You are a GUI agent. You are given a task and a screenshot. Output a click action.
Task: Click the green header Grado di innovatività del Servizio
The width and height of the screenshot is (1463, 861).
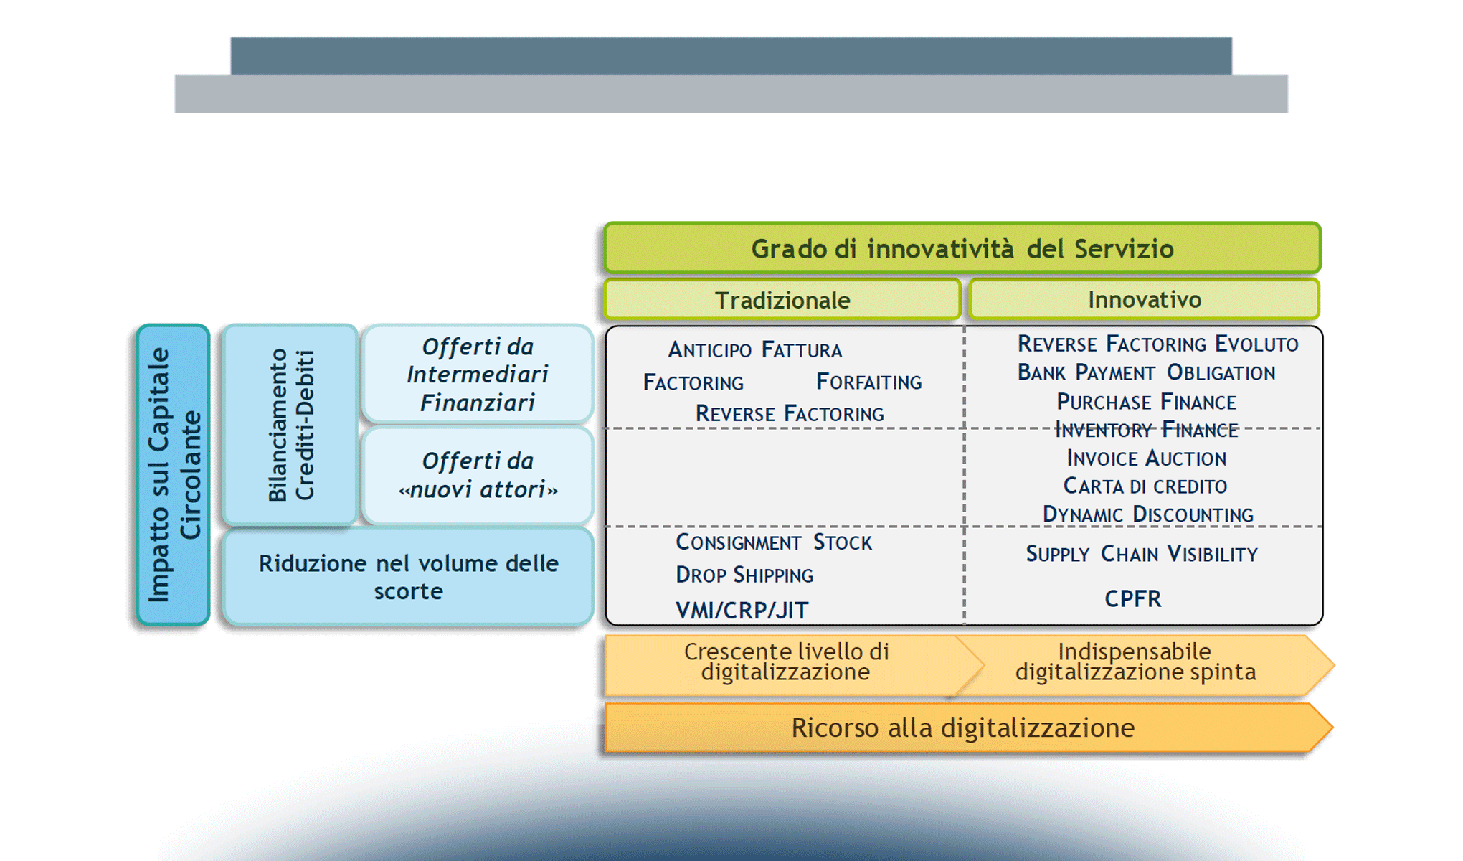point(962,248)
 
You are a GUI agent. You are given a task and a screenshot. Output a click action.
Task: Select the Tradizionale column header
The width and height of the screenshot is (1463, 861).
point(782,300)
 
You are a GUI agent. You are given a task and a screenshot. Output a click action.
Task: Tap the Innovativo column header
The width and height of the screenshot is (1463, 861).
point(1144,299)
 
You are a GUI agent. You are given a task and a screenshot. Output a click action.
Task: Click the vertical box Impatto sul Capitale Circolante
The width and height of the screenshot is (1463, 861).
point(173,474)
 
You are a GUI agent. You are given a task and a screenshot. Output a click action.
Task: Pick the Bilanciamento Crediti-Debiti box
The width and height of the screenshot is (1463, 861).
point(290,425)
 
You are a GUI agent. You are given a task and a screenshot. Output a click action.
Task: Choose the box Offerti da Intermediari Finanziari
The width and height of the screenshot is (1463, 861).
point(478,374)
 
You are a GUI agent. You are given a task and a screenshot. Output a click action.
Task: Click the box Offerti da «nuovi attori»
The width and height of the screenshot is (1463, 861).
point(478,475)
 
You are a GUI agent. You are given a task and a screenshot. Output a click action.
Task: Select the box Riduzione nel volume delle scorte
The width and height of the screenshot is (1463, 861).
point(408,577)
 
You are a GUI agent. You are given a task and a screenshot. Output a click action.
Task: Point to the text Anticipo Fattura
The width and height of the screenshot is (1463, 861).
point(754,350)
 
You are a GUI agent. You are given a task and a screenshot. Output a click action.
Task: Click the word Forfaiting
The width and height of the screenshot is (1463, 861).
point(868,382)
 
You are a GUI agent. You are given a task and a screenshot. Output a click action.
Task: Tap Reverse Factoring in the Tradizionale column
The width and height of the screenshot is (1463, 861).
point(790,414)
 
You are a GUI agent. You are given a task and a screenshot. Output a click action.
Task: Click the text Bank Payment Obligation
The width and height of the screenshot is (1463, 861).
point(1146,372)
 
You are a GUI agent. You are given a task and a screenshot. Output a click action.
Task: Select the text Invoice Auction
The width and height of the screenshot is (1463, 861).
point(1146,458)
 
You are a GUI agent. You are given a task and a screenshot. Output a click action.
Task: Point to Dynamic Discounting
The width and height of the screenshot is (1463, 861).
point(1147,514)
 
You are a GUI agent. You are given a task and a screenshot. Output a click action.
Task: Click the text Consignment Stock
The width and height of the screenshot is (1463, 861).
point(773,542)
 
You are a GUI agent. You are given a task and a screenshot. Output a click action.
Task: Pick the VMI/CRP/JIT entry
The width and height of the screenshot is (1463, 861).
point(742,610)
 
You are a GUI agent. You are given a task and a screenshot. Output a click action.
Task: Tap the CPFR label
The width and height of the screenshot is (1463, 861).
point(1132,598)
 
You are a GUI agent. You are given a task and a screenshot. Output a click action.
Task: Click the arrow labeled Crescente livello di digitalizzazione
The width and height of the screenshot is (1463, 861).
point(786,662)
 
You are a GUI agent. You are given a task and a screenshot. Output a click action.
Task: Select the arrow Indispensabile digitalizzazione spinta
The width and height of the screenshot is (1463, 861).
point(1135,662)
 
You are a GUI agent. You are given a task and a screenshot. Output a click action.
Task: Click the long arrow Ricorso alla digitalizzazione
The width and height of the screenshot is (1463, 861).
point(962,728)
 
